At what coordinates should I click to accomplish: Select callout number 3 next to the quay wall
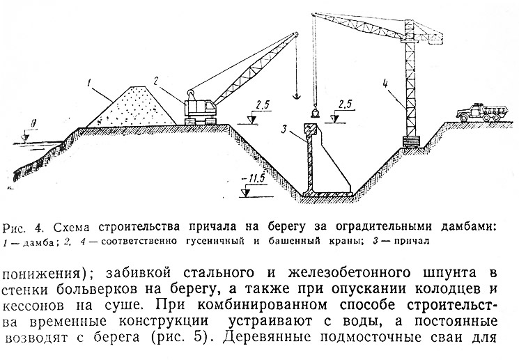coord(284,129)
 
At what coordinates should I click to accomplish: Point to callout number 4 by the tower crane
coord(385,82)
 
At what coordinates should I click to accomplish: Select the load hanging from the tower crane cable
coord(314,113)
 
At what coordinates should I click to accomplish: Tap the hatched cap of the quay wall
coord(311,128)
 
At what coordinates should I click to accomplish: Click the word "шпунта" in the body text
coord(450,273)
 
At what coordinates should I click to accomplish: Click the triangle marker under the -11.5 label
coord(245,193)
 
